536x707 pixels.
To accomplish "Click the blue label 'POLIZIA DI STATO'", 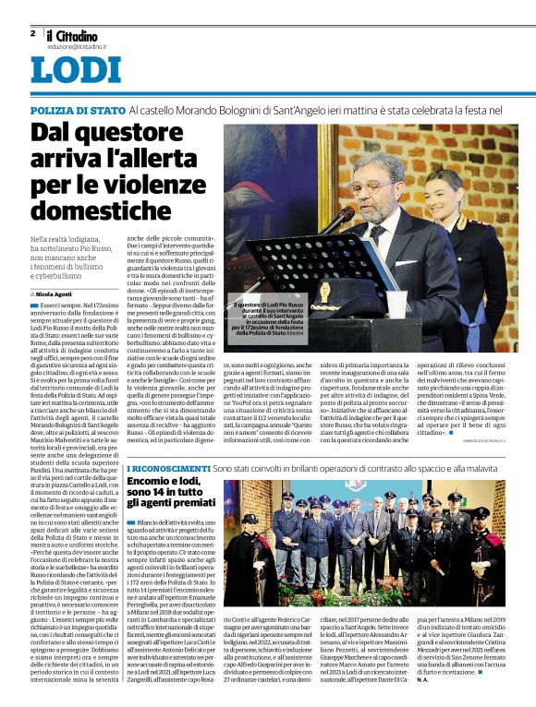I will pos(77,110).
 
